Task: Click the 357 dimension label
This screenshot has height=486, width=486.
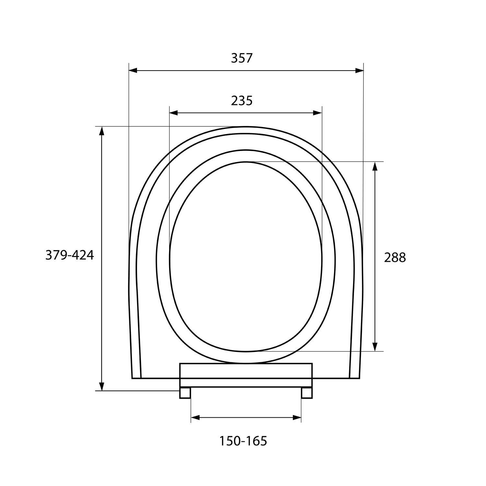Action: click(x=241, y=58)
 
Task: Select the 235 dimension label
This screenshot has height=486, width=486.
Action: click(x=242, y=101)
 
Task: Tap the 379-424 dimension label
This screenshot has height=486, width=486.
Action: click(x=69, y=255)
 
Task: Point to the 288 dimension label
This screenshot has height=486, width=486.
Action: click(x=395, y=258)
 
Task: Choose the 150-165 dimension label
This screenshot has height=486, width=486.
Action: click(x=243, y=441)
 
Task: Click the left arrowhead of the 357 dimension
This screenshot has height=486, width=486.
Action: click(x=133, y=70)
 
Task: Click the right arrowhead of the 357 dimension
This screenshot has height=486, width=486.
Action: click(x=359, y=70)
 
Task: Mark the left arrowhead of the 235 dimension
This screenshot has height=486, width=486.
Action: click(x=174, y=113)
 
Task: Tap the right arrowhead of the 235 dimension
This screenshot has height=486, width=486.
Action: click(x=318, y=113)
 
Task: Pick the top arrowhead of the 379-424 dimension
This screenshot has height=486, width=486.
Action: click(x=102, y=131)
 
